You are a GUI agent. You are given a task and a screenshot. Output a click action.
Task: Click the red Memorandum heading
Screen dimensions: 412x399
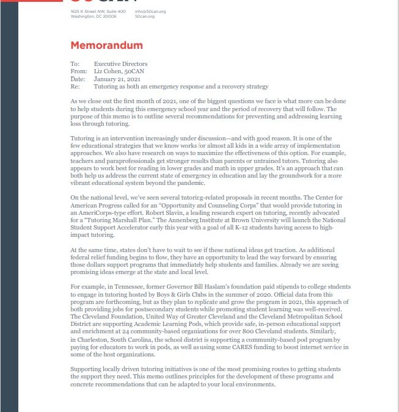(x=106, y=46)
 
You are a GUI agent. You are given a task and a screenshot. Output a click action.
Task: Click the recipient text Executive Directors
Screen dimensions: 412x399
(x=120, y=64)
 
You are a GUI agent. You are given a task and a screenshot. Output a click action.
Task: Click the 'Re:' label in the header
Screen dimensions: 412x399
(x=74, y=87)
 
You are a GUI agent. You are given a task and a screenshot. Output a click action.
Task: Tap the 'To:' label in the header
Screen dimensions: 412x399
(x=75, y=64)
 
